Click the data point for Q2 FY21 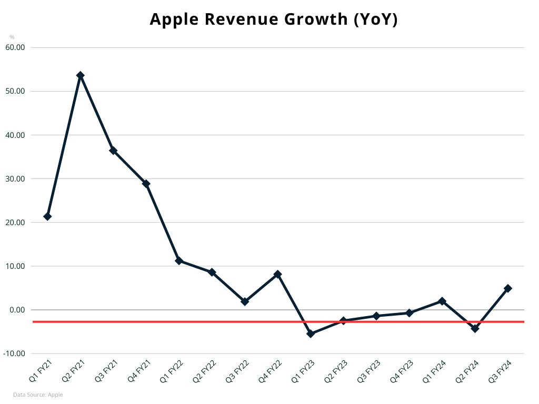point(81,75)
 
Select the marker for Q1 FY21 point(47,216)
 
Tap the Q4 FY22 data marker point(277,274)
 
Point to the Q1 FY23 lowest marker point(311,334)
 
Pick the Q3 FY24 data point point(508,288)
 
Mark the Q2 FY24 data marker point(475,328)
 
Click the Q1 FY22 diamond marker point(179,260)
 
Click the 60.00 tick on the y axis point(15,47)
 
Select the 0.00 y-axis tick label point(17,310)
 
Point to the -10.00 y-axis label point(15,353)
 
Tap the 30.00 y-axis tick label point(15,179)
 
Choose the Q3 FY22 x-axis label point(238,371)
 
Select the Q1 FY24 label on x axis point(435,371)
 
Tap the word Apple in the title point(173,19)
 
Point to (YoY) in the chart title point(375,19)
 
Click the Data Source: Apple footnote point(38,395)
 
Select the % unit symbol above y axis point(12,37)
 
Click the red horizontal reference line point(158,321)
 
